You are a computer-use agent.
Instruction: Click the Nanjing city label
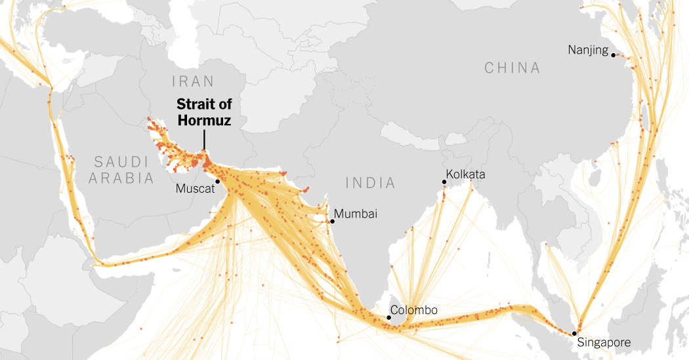coord(589,50)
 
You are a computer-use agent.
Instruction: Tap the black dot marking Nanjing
coord(614,55)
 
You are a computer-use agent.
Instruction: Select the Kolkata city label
coord(465,174)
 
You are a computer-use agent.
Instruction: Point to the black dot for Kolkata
coord(444,182)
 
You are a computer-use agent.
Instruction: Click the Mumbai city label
coord(356,214)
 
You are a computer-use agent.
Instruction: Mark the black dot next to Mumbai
coord(332,222)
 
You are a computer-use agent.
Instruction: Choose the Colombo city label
coord(413,310)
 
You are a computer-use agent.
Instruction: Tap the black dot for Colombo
coord(389,318)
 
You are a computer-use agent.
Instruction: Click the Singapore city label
coord(604,342)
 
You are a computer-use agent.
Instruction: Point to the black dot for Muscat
coord(217,182)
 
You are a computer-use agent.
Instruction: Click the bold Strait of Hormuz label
coord(204,113)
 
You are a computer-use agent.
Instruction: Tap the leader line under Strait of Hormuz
coord(204,140)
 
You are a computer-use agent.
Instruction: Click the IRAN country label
coord(193,81)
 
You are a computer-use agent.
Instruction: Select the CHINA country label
coord(512,68)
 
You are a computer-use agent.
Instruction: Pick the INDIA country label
coord(372,182)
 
